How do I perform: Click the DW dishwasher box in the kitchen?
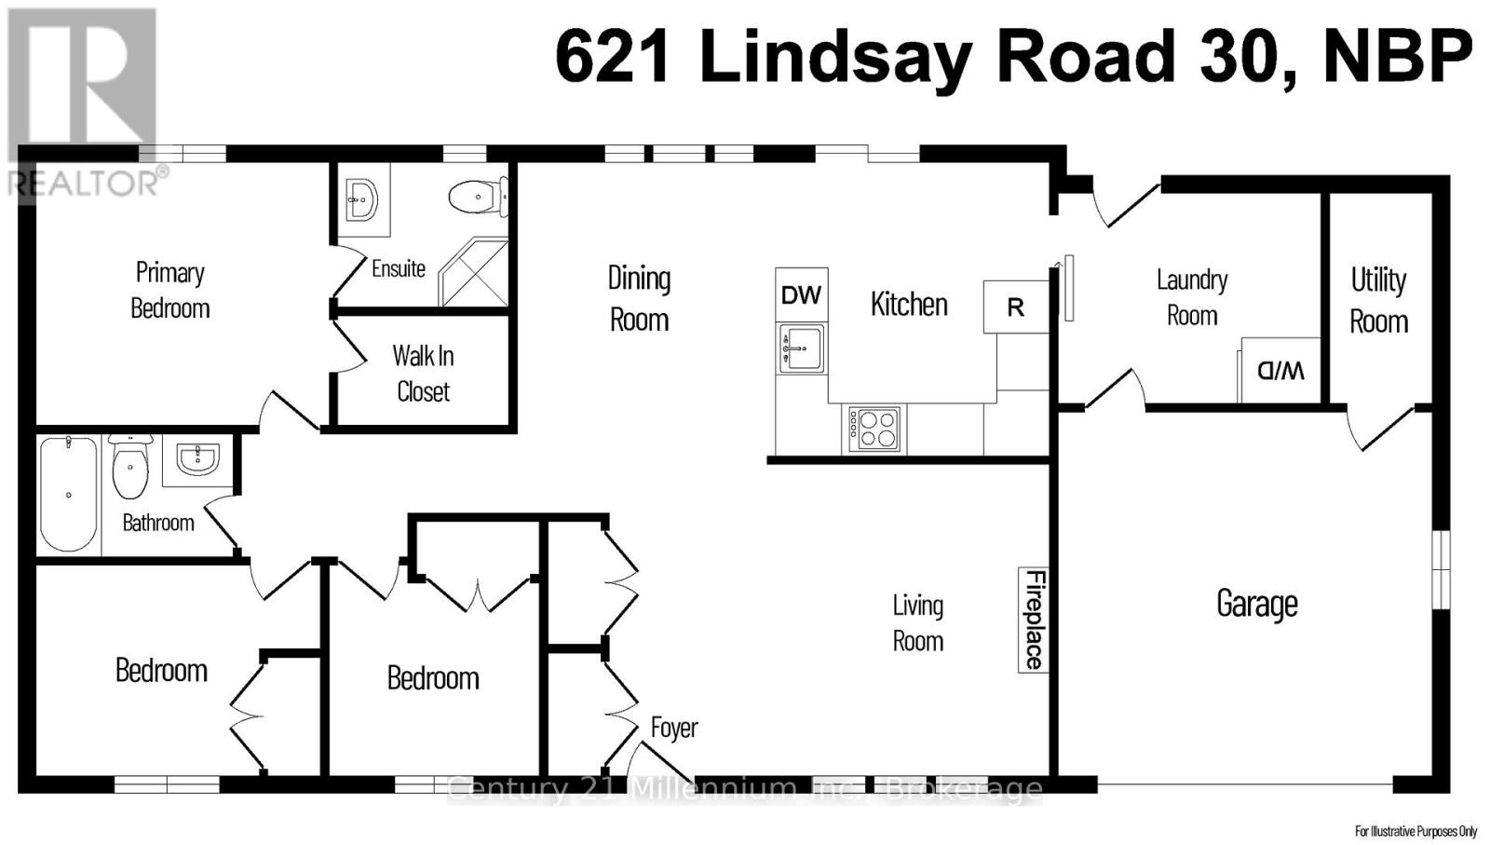801,295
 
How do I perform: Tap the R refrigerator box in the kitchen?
1015,307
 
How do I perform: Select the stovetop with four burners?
874,429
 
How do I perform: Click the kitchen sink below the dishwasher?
802,348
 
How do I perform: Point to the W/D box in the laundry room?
1280,371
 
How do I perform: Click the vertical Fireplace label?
1034,619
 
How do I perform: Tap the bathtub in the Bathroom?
68,494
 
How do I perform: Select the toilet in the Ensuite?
478,197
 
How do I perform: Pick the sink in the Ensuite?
361,198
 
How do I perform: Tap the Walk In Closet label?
423,373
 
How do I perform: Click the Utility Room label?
1378,300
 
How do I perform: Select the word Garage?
1256,604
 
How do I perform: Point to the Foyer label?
673,728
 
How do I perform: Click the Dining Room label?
639,298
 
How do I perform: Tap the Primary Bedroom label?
169,290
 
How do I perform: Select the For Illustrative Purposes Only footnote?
1415,831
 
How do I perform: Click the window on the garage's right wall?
1441,569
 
